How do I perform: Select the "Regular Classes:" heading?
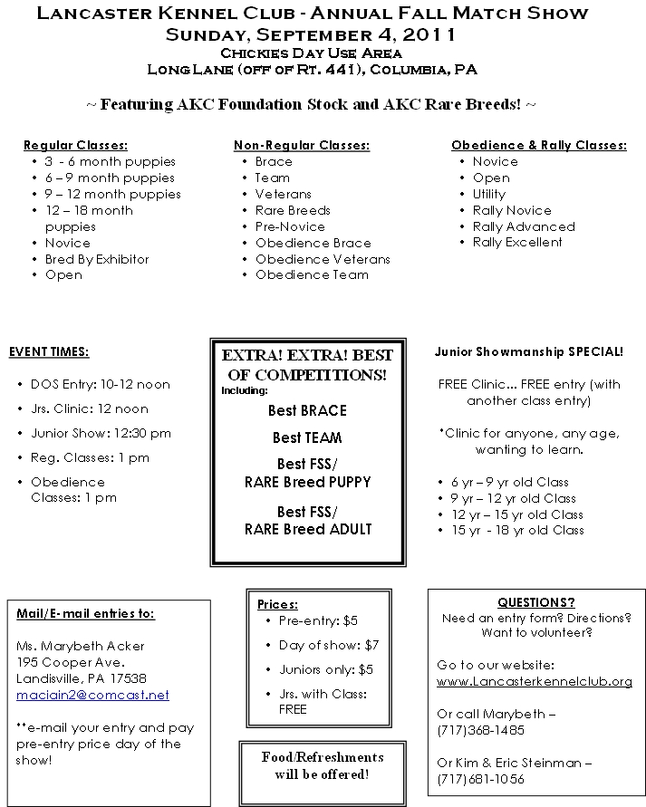[75, 145]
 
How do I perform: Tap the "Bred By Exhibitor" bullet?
[97, 259]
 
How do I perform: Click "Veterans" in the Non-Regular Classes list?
[283, 194]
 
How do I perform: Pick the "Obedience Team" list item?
[312, 275]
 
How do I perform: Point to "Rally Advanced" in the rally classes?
[524, 226]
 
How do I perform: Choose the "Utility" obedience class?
[489, 194]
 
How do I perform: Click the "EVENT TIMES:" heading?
[49, 351]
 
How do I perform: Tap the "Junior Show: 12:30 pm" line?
[101, 433]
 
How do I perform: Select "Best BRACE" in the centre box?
[307, 410]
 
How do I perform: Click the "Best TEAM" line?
[307, 437]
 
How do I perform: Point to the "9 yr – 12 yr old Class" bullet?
[513, 498]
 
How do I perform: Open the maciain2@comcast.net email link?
[92, 695]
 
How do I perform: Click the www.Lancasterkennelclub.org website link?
[534, 681]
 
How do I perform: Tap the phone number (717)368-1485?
[480, 730]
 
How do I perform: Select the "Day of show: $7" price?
[329, 645]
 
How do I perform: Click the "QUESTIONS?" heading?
[536, 602]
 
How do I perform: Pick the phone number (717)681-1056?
[480, 779]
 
